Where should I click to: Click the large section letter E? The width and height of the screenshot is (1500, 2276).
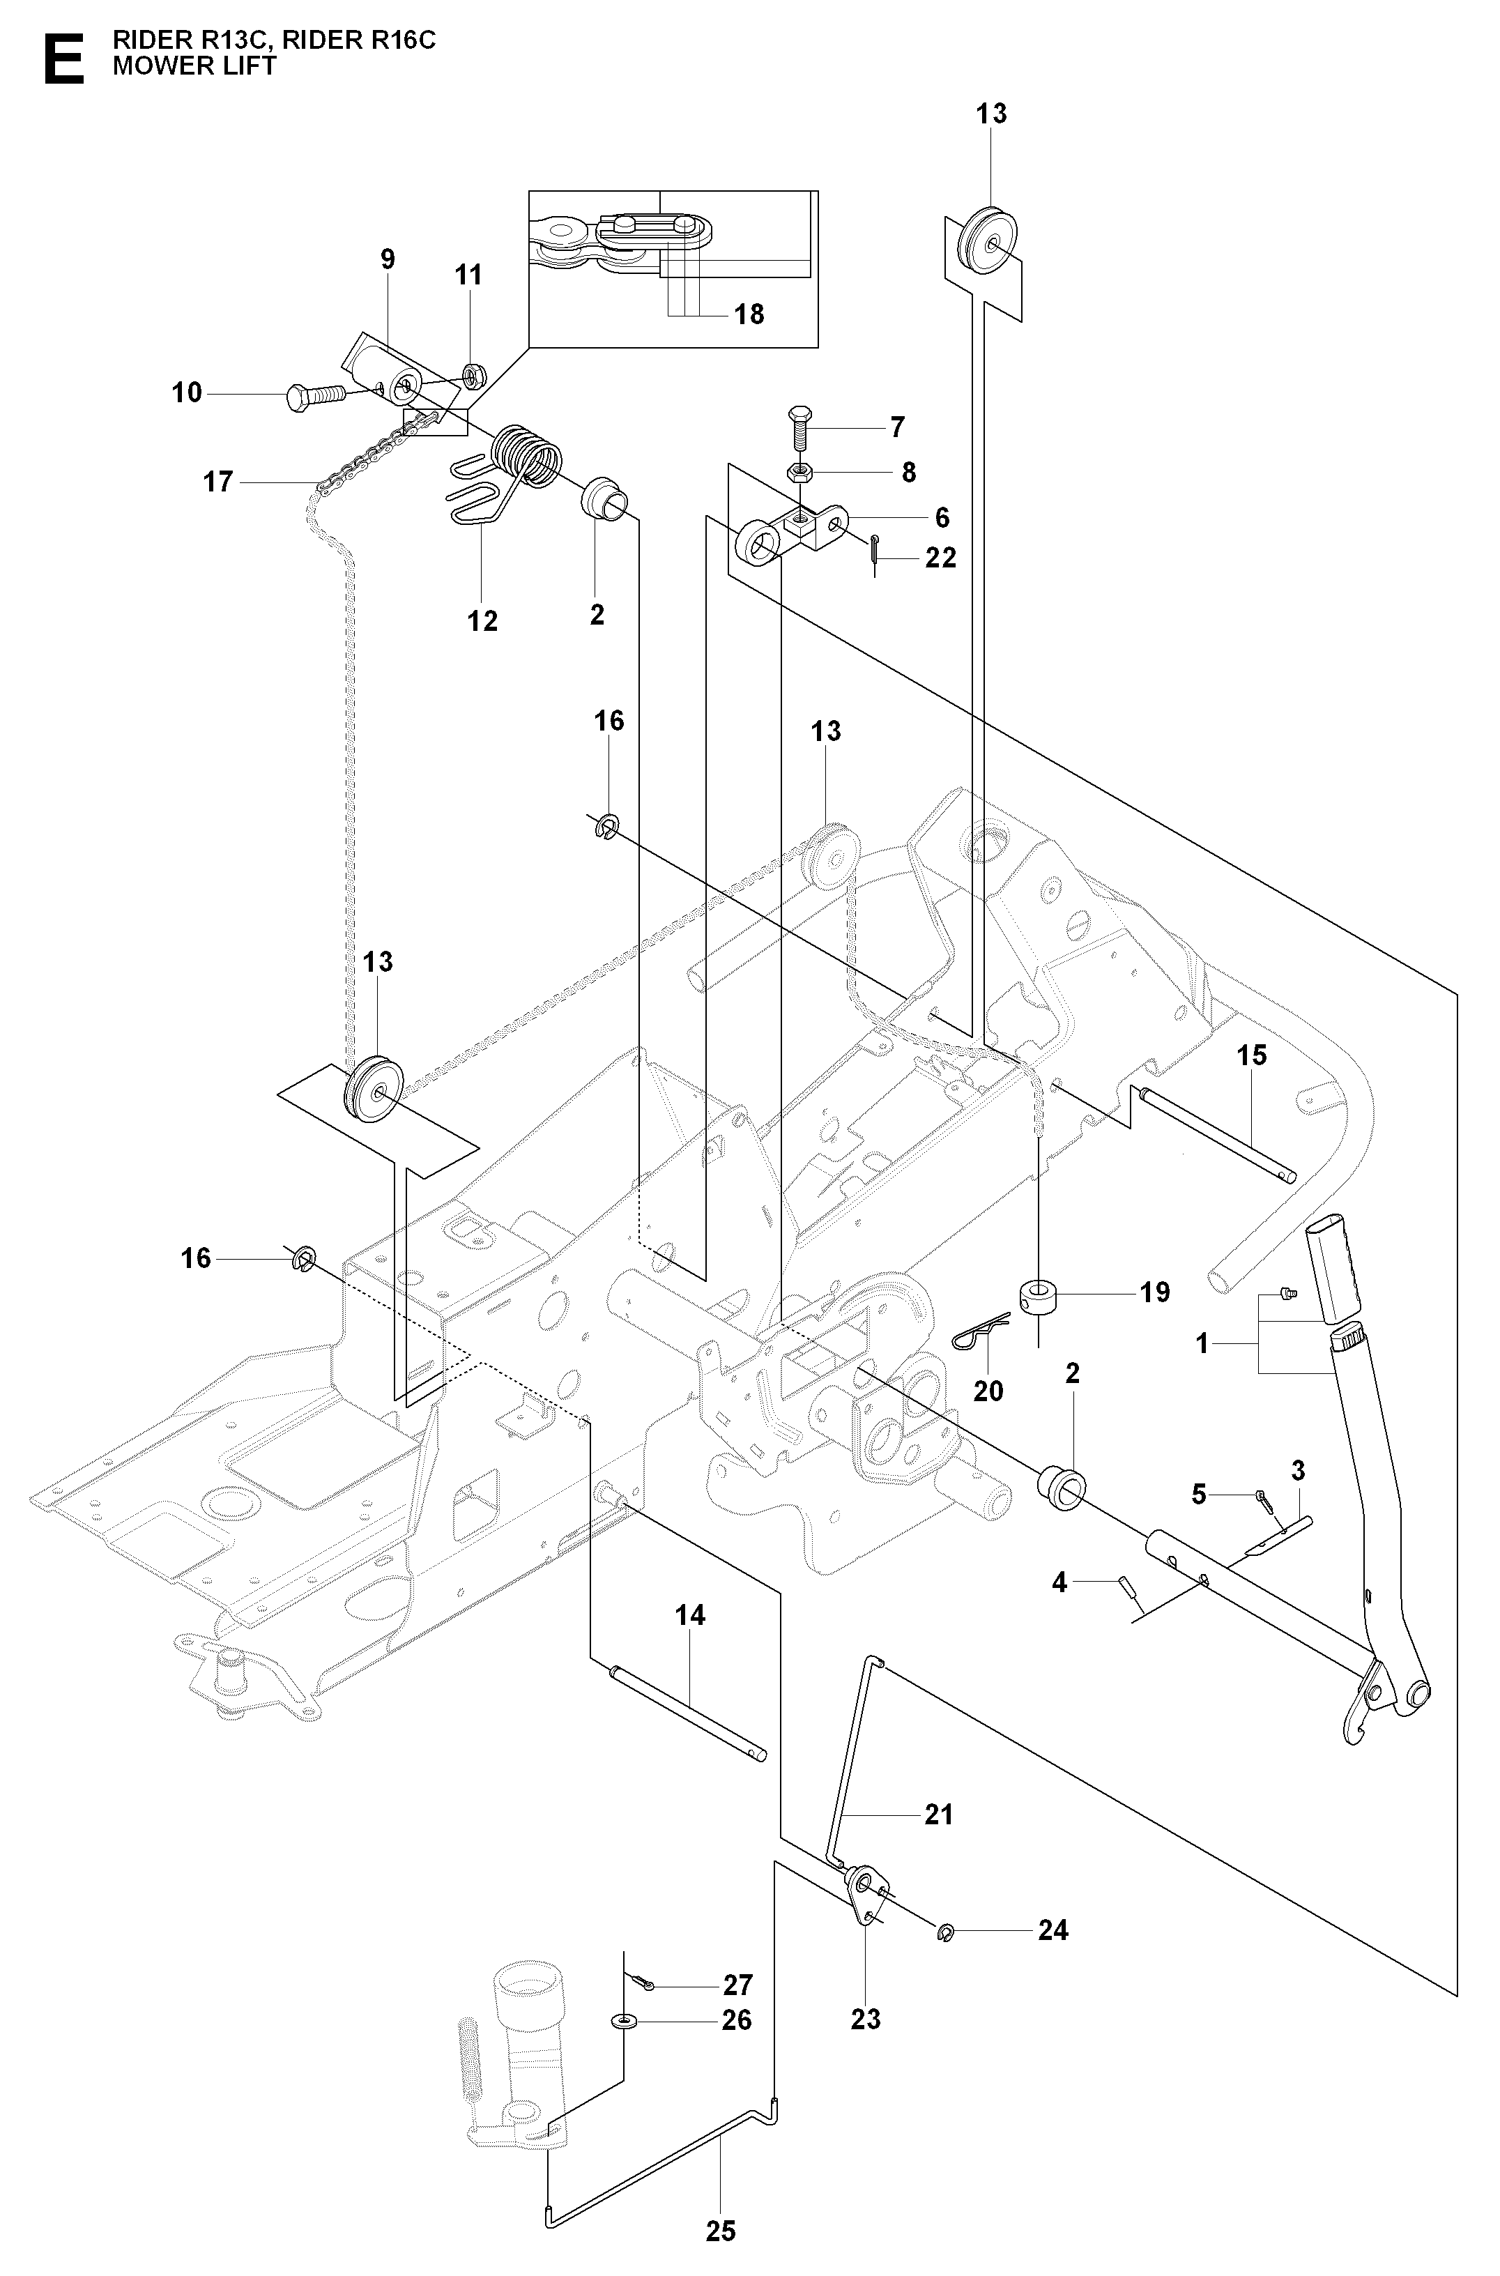pos(64,59)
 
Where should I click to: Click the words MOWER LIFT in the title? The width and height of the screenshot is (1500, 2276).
pos(194,66)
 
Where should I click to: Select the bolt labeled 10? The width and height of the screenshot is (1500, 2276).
pos(316,394)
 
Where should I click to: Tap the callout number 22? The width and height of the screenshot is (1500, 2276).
pos(940,558)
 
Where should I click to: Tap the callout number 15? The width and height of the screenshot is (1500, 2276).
pos(1251,1055)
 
